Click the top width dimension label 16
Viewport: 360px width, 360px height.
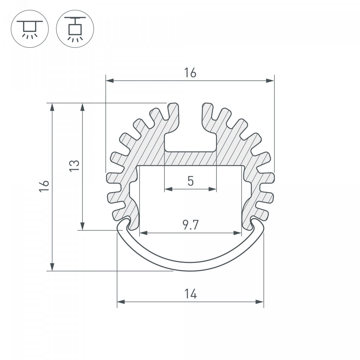(x=190, y=73)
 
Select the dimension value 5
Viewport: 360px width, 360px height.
(x=190, y=181)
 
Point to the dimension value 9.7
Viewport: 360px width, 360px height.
(x=190, y=225)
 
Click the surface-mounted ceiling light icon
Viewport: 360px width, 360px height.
(x=30, y=29)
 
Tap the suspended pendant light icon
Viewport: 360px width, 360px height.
(x=75, y=29)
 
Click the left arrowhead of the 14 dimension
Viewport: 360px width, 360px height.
(x=121, y=307)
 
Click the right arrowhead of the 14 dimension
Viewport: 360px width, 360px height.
(x=260, y=307)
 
